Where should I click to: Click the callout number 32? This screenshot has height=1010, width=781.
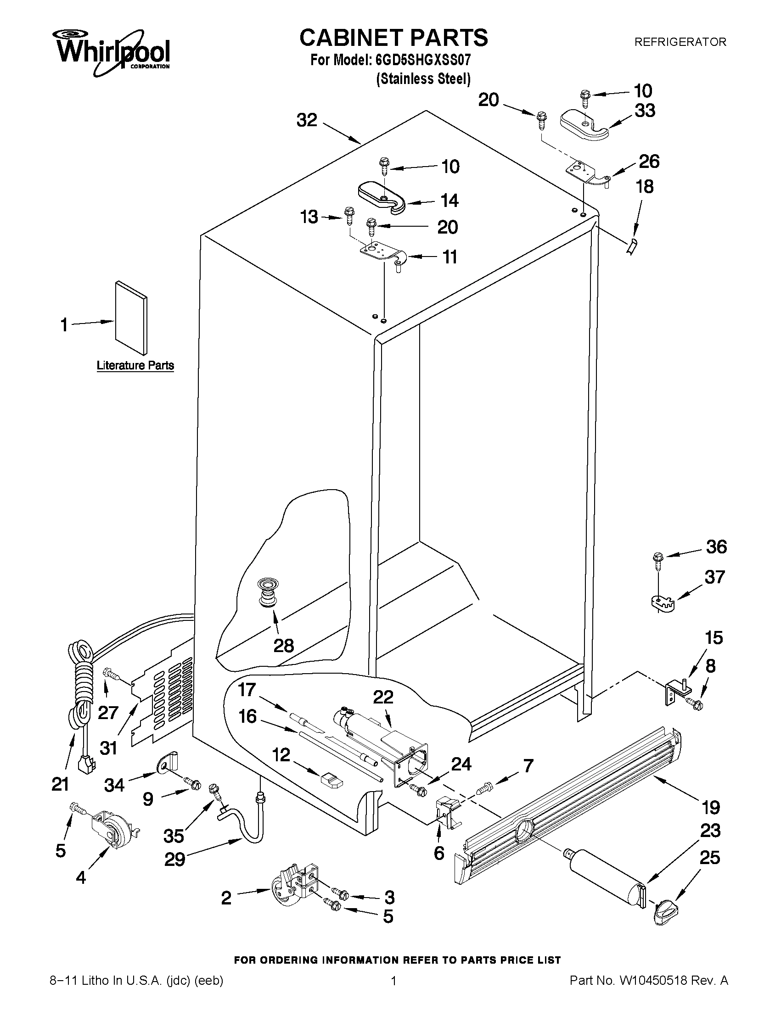point(306,120)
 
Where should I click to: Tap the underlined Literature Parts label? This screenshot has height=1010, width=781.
point(135,366)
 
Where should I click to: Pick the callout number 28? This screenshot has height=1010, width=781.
point(283,646)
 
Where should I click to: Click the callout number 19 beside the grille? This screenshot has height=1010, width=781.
point(711,808)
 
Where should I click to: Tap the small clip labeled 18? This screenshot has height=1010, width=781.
point(633,246)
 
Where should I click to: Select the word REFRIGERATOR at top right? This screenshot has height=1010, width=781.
point(680,42)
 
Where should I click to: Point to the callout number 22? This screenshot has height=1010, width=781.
point(383,697)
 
